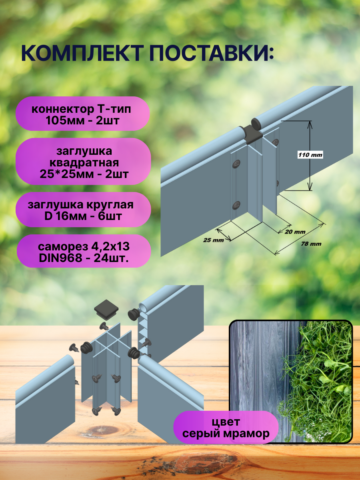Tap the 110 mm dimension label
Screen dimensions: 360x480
pyautogui.click(x=310, y=155)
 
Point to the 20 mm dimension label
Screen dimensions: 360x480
pyautogui.click(x=295, y=232)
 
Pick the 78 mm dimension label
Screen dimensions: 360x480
pyautogui.click(x=311, y=244)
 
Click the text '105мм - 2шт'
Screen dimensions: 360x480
pyautogui.click(x=83, y=120)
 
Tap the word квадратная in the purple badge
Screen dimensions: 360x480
pyautogui.click(x=84, y=163)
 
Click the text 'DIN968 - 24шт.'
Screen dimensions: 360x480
pyautogui.click(x=84, y=258)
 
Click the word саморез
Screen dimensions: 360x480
pyautogui.click(x=62, y=247)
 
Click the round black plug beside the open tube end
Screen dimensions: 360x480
pyautogui.click(x=133, y=314)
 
